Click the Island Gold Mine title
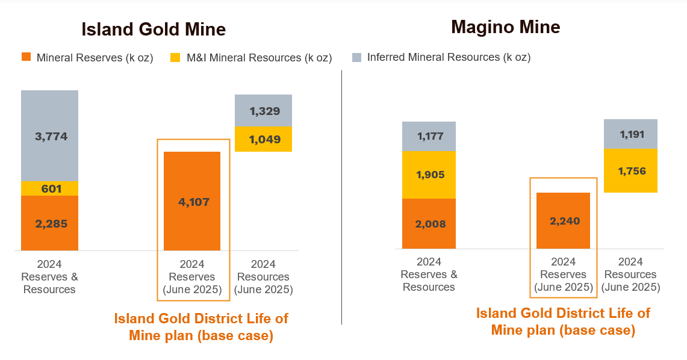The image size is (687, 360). click(x=154, y=29)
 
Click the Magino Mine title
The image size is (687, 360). click(x=505, y=26)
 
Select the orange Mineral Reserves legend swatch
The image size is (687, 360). click(x=26, y=57)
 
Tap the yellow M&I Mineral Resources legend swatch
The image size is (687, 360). click(x=176, y=57)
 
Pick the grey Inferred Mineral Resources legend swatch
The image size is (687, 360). click(x=356, y=57)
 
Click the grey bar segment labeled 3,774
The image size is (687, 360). click(x=50, y=135)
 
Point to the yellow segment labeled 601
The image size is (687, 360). click(x=50, y=188)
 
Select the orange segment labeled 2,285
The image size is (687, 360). click(x=50, y=223)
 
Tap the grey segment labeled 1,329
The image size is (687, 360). click(x=263, y=110)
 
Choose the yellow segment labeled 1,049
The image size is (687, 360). click(x=263, y=139)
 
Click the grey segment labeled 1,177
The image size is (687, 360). click(x=429, y=136)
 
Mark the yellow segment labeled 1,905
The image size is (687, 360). click(x=429, y=175)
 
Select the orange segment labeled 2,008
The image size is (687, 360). click(x=429, y=223)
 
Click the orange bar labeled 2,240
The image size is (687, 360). click(x=564, y=220)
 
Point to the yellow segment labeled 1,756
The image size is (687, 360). click(x=630, y=171)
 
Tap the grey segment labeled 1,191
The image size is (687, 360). click(x=630, y=134)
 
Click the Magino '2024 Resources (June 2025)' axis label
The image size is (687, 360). click(x=630, y=275)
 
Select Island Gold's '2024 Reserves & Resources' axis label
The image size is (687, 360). click(x=50, y=277)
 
